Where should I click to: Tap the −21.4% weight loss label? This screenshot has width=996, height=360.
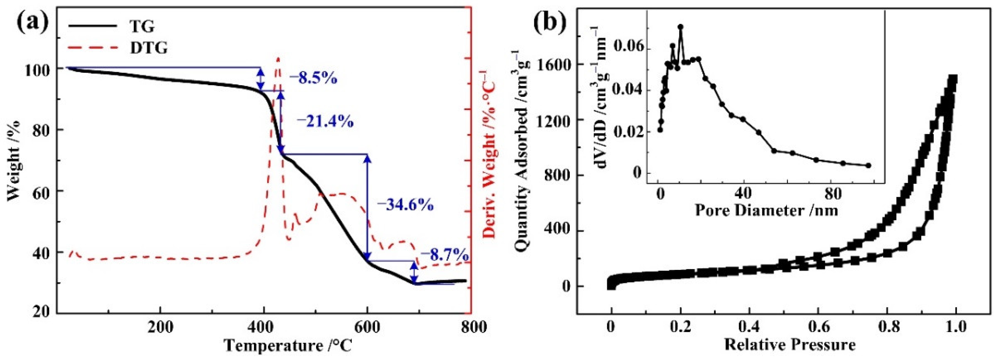pos(325,122)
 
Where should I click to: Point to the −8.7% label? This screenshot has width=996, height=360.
pos(445,256)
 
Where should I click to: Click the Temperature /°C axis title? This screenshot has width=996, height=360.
pos(288,345)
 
